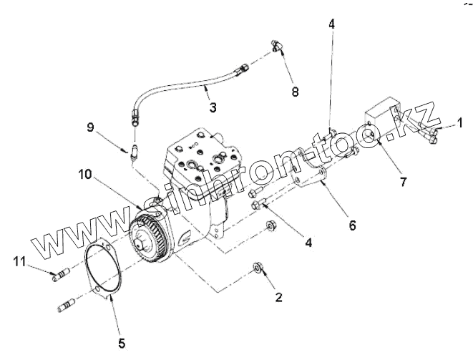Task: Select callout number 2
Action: point(277,296)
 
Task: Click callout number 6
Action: point(352,224)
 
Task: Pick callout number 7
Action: point(404,182)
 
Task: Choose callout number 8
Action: point(294,92)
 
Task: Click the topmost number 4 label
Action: point(331,24)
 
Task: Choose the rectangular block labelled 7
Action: point(384,120)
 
